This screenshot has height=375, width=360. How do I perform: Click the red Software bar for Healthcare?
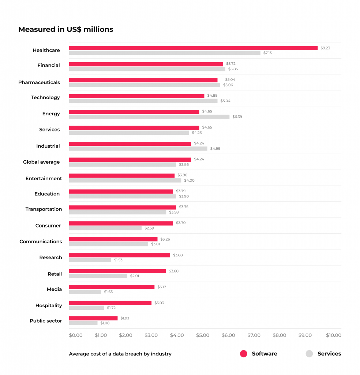click(x=193, y=48)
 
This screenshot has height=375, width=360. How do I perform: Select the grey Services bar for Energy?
click(x=149, y=117)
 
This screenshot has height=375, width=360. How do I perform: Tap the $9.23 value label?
click(x=325, y=48)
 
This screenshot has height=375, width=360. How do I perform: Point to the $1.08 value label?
click(x=105, y=323)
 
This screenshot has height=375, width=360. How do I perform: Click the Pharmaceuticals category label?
click(x=39, y=82)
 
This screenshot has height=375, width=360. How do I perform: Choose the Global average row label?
click(x=41, y=162)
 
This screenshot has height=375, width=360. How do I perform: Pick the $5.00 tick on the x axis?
click(x=202, y=335)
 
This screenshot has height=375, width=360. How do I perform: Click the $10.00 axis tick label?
click(x=334, y=335)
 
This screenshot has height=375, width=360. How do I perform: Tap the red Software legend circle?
click(x=244, y=353)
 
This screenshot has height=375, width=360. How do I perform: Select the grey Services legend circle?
click(x=309, y=353)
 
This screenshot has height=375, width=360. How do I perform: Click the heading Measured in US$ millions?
click(x=66, y=30)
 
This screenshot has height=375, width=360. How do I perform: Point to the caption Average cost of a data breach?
click(x=120, y=354)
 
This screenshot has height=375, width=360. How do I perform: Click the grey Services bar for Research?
click(x=90, y=260)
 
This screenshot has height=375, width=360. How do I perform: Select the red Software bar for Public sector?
click(x=93, y=318)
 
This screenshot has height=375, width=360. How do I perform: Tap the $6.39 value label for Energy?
click(x=237, y=117)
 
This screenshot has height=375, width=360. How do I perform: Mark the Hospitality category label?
click(x=49, y=305)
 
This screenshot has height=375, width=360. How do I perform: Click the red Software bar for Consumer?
click(x=121, y=223)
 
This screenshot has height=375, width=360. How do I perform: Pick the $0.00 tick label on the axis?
click(x=76, y=335)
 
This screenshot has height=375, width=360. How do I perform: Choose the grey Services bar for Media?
click(x=85, y=292)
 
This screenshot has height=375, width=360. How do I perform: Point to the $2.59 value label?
click(x=149, y=228)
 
